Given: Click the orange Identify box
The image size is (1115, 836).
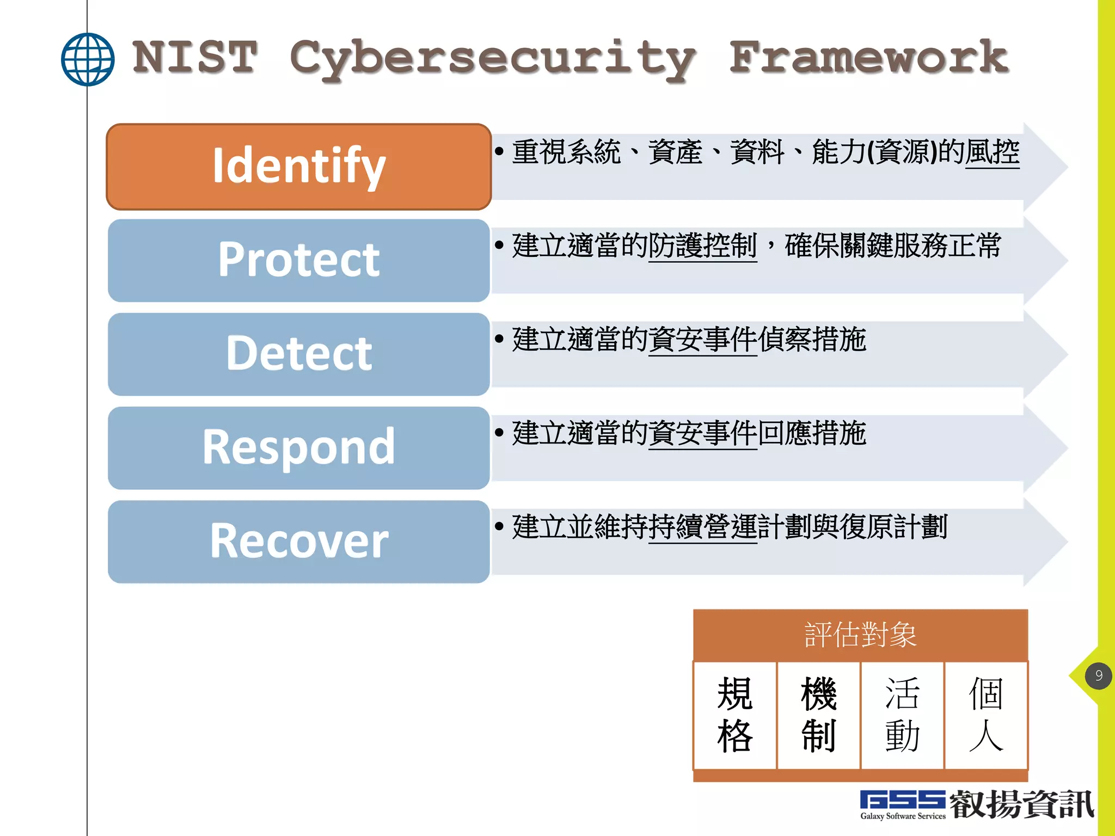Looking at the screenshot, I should point(299,167).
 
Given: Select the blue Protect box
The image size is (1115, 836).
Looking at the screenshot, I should point(299,260).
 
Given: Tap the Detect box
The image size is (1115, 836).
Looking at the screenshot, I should point(299,354).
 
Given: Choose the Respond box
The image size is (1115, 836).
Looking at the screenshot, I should point(299,447).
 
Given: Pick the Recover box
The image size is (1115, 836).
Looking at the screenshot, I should point(299,542).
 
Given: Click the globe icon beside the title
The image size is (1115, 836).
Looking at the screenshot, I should point(88,59).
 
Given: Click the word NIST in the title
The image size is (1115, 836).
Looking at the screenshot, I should point(194,57).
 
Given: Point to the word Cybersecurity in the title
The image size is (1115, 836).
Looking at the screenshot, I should point(493,59).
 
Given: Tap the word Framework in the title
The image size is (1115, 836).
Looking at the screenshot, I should point(868,57).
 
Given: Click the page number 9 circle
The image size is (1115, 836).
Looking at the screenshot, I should point(1098,675).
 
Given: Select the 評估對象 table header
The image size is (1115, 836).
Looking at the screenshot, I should point(860,635).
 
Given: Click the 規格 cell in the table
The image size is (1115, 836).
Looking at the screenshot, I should point(734,715).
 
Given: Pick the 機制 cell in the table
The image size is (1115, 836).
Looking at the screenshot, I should point(818,715).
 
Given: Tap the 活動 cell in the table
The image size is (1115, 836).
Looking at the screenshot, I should point(902,715).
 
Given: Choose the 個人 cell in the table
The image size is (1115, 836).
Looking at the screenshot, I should point(986,715).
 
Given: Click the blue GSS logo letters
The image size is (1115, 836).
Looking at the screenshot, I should point(902,800).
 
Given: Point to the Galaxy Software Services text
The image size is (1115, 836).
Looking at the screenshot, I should point(902,816).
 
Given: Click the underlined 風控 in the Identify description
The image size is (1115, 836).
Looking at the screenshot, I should point(992,152).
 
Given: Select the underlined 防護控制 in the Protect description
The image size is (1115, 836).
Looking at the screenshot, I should point(702,245).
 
